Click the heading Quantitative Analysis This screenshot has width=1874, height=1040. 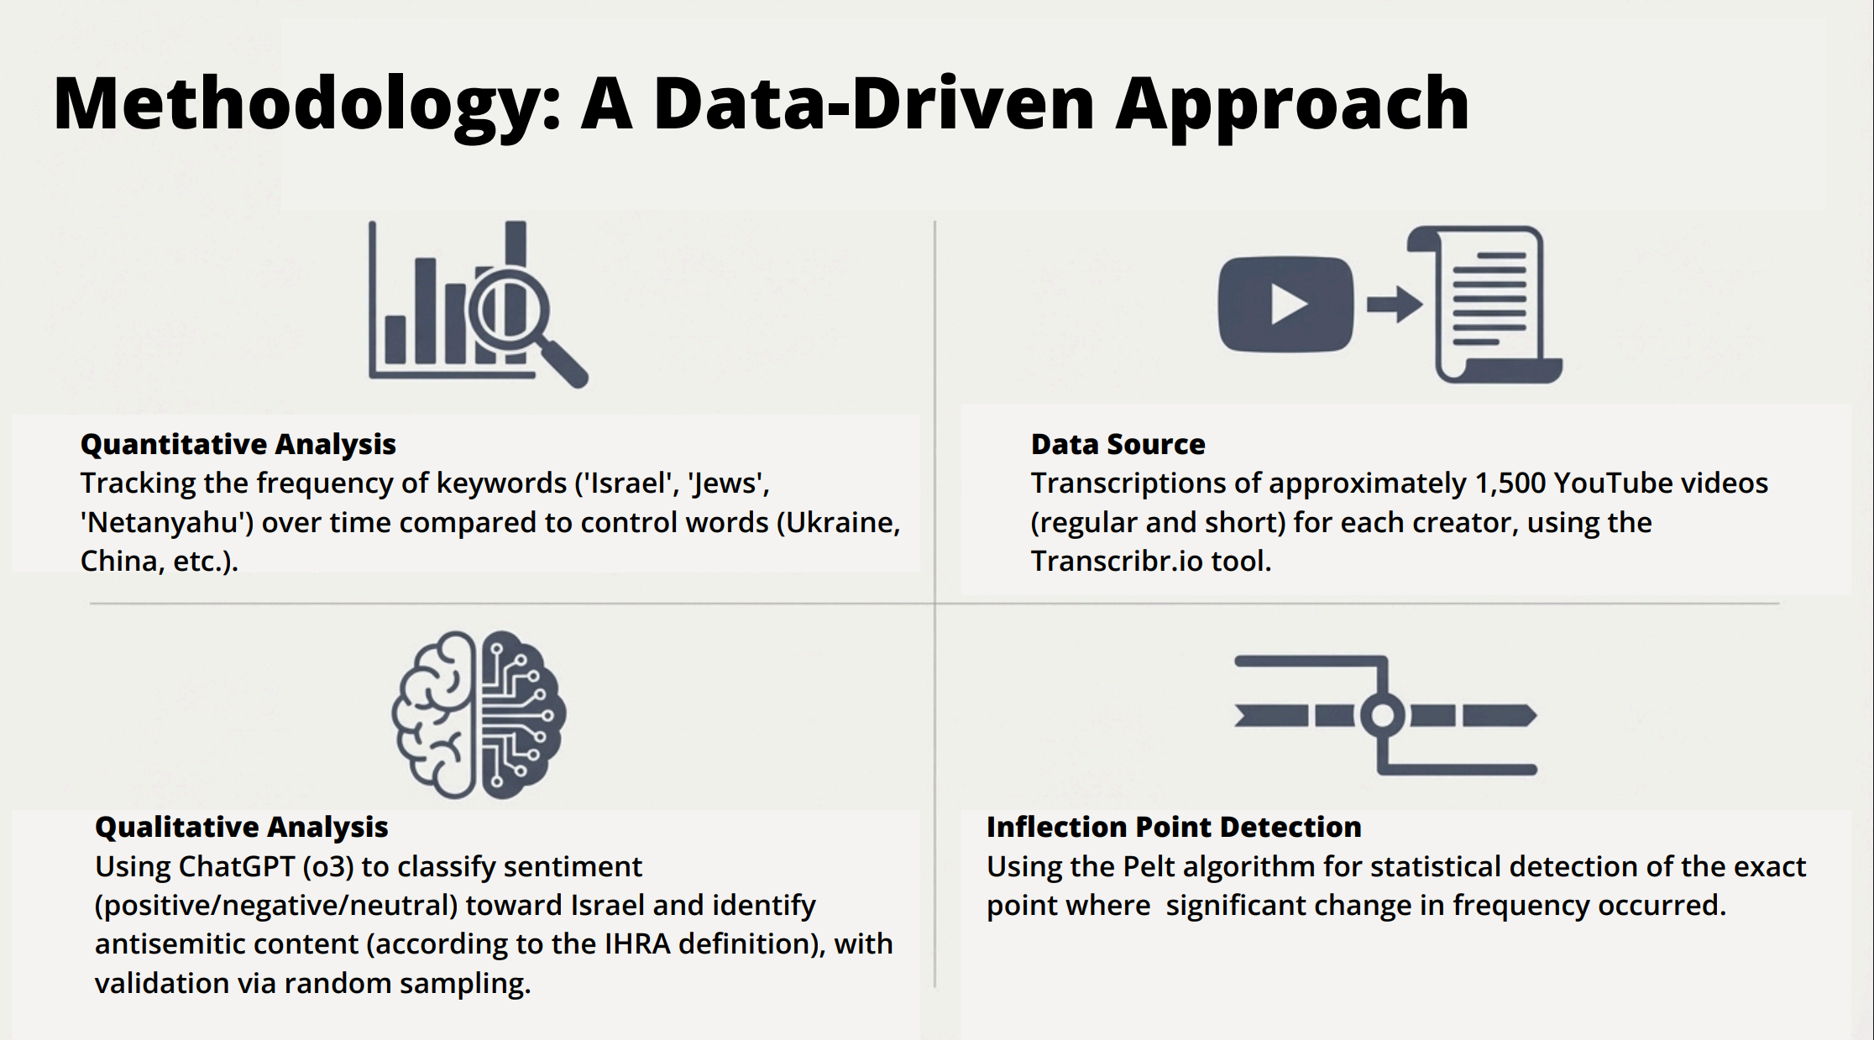pos(238,444)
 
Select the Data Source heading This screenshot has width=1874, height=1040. pos(1118,444)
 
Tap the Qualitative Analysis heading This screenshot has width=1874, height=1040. pos(241,827)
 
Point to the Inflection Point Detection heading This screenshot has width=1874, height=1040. pos(1174,827)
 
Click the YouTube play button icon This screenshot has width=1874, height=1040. pos(1285,304)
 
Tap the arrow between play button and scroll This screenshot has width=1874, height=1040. pos(1395,304)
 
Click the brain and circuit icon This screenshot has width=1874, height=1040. pos(479,714)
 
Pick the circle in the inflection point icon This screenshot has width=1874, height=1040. pos(1382,716)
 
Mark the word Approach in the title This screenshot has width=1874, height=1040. pos(1293,105)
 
